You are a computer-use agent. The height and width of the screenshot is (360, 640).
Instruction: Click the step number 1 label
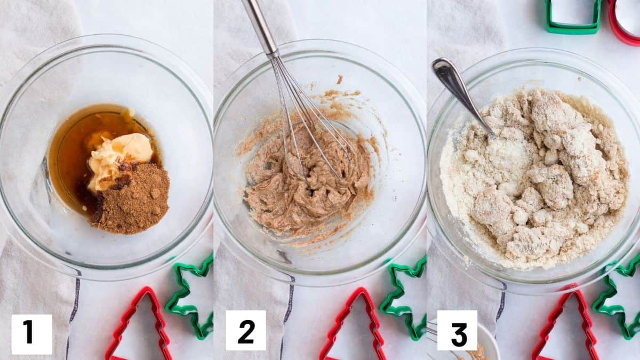(x=31, y=334)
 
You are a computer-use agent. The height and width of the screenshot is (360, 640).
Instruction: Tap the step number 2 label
(x=246, y=330)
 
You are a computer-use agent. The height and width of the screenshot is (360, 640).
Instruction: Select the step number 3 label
(x=457, y=330)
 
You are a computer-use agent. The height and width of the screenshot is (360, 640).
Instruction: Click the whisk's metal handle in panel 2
(x=261, y=27)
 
